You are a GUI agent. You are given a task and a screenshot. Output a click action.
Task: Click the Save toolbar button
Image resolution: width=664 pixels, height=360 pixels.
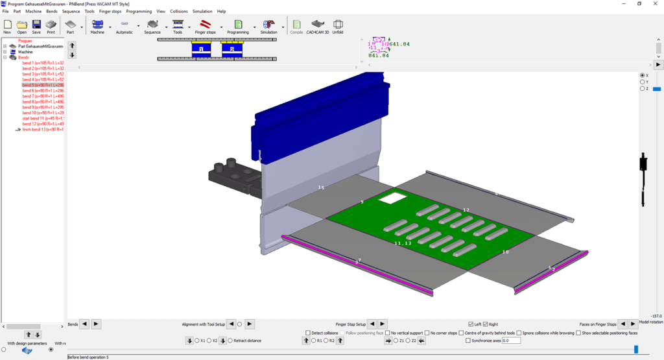36,27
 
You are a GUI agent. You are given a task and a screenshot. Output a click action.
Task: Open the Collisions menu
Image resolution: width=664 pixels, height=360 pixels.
179,11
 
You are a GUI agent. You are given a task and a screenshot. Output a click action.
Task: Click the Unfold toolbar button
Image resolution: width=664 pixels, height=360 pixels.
337,27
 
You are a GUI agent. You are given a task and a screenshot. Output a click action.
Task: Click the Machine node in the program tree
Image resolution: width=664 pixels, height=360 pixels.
26,52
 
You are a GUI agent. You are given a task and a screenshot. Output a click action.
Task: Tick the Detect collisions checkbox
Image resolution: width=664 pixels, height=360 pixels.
307,333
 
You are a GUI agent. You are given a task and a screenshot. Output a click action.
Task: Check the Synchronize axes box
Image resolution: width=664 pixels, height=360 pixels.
469,341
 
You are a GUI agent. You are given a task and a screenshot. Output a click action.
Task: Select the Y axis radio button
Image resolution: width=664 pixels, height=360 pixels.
642,82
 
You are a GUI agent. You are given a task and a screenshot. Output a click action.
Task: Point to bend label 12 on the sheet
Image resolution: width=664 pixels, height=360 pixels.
466,210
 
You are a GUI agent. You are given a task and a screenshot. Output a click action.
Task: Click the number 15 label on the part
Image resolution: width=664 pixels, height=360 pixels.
320,187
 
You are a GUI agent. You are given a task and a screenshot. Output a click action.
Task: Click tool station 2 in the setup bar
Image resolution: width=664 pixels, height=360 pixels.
231,49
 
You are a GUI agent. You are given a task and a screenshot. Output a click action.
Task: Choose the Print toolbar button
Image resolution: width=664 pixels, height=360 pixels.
51,27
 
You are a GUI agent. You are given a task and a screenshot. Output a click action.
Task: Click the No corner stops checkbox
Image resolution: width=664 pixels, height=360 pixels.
427,333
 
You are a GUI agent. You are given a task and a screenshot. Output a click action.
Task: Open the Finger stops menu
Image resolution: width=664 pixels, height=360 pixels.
112,11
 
